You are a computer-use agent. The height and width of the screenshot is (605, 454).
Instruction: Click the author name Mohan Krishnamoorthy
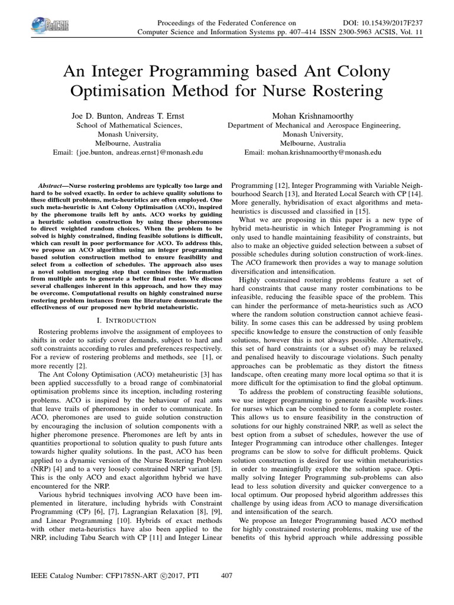coord(314,116)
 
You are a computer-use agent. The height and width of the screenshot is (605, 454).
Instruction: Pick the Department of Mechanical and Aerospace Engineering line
coord(314,125)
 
